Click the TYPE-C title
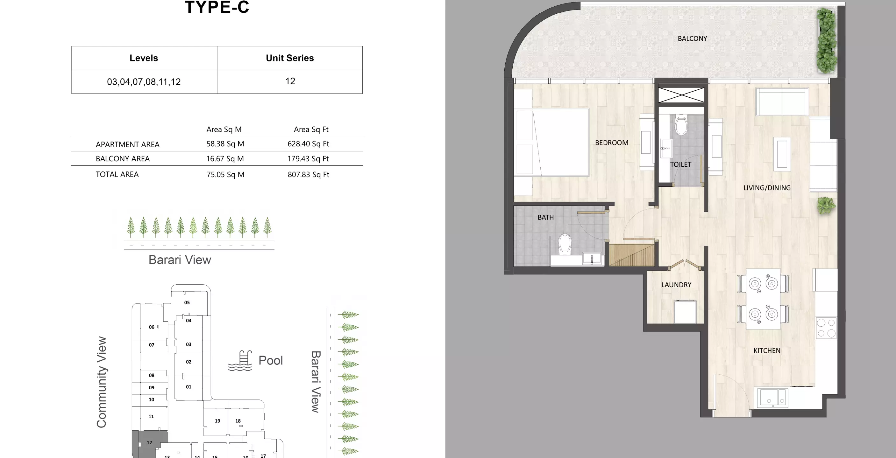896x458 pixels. [x=217, y=7]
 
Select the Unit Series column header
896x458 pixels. [x=290, y=58]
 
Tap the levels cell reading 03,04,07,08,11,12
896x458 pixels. [x=144, y=82]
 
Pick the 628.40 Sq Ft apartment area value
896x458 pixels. [x=308, y=144]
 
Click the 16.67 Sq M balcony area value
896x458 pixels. [x=225, y=159]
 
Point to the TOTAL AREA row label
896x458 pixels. [x=117, y=174]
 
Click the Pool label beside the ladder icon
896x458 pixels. [x=271, y=360]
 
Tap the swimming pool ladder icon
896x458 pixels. [x=241, y=361]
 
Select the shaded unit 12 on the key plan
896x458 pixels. [x=149, y=444]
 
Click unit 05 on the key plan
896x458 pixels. [x=187, y=302]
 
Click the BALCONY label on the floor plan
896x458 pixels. [x=692, y=38]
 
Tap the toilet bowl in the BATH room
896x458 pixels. [x=565, y=244]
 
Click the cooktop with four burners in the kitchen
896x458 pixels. [x=826, y=328]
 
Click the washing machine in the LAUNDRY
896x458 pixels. [x=685, y=311]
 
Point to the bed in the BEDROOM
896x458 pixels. [x=552, y=142]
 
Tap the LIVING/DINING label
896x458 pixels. [x=767, y=188]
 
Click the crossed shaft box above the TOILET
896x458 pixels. [x=681, y=95]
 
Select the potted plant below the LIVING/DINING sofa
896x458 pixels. [x=825, y=205]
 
